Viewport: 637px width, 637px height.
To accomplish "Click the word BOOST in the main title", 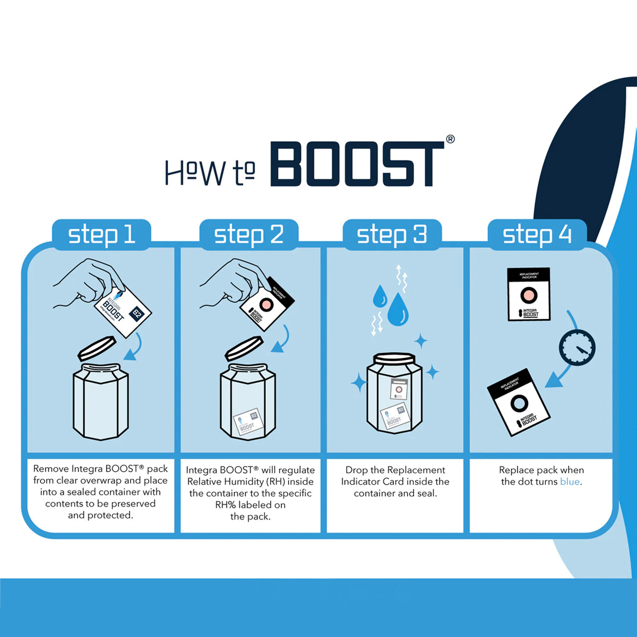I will coord(357,164).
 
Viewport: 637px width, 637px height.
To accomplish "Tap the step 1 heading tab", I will coord(101,234).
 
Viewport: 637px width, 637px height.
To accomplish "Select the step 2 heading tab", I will coord(248,234).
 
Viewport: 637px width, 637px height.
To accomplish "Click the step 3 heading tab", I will coord(392,234).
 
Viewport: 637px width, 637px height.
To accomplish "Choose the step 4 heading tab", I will coord(537,234).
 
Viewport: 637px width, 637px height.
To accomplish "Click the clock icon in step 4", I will coord(577,347).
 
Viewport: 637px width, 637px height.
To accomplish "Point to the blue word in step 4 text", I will coord(570,482).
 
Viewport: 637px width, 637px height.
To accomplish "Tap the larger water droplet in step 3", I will coord(398,309).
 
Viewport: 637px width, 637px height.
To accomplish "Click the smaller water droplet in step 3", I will coord(380,296).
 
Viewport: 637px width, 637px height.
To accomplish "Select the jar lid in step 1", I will coord(97,348).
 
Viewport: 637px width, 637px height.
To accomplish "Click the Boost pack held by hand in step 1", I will coord(123,311).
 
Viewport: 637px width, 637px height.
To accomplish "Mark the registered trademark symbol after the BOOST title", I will coord(450,139).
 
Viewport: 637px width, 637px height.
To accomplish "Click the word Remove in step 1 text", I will coord(51,469).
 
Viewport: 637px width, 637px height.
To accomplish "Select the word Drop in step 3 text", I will coord(357,470).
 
